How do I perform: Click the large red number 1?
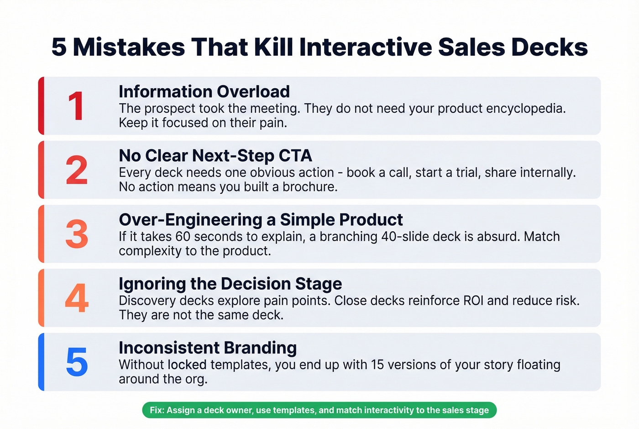point(76,106)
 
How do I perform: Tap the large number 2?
point(77,170)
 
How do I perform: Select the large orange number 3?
point(77,234)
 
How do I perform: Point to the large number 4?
point(77,298)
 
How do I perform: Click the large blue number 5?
point(77,362)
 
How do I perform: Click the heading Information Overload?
point(204,92)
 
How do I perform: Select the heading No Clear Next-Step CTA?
point(215,156)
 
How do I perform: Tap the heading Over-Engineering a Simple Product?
point(261,220)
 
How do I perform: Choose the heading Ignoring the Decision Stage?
point(230,284)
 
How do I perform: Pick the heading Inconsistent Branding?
point(208,348)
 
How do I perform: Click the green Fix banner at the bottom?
point(319,410)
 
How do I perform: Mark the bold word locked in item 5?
point(187,365)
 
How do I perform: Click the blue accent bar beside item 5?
point(41,362)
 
